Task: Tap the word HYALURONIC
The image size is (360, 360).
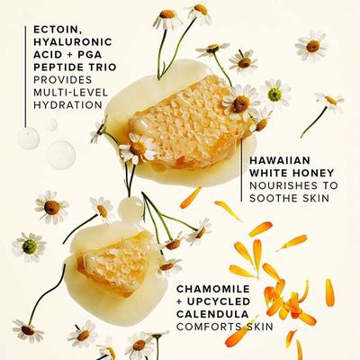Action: coord(61,40)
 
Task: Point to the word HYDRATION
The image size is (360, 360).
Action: coord(54,104)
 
